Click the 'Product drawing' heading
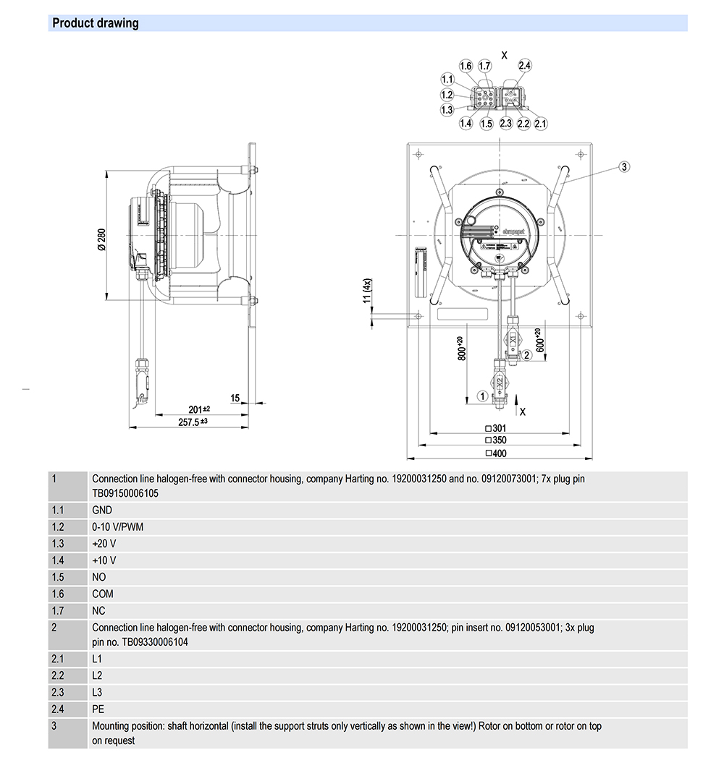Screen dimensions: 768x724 (x=95, y=23)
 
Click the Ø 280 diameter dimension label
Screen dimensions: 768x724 (x=101, y=239)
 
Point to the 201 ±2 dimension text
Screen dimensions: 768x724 (x=199, y=409)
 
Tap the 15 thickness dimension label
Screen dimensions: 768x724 (x=235, y=398)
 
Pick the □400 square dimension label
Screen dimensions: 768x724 (x=496, y=453)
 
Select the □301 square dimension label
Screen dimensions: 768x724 (x=496, y=428)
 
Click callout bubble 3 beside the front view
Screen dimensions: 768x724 (x=625, y=166)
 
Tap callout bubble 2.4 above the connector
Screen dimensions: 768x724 (x=524, y=66)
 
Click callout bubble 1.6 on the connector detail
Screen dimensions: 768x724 (x=466, y=67)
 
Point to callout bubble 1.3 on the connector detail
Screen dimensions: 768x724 (x=447, y=110)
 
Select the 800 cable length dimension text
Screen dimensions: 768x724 (x=462, y=349)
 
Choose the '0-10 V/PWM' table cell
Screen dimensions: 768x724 (x=117, y=526)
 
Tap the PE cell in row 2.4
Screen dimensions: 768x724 (x=98, y=709)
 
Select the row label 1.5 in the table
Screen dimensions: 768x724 (x=58, y=577)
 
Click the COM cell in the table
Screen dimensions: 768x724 (x=103, y=594)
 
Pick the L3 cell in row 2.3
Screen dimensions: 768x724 (x=98, y=692)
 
